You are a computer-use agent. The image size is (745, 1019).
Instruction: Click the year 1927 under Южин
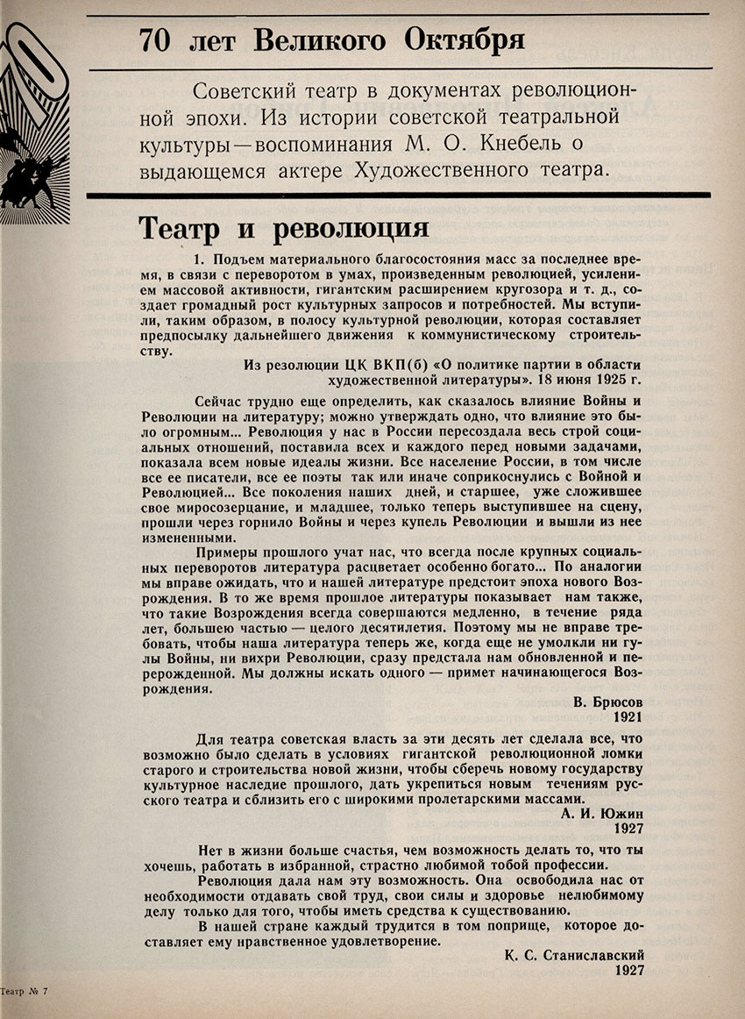tap(628, 828)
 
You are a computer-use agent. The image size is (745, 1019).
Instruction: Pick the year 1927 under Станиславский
tap(628, 971)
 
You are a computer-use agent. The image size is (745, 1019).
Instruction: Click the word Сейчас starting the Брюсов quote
tap(220, 400)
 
